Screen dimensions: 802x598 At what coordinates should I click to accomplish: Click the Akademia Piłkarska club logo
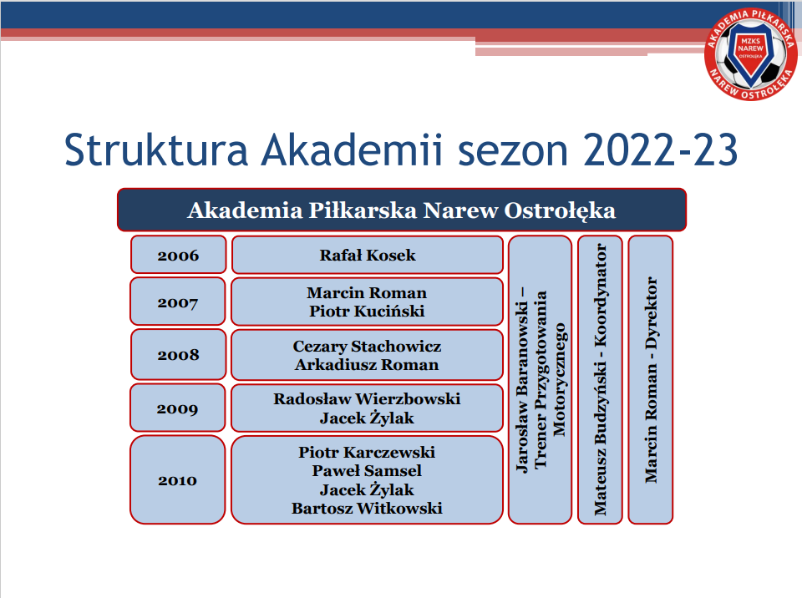pyautogui.click(x=750, y=54)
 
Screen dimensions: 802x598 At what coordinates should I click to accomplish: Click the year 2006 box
pyautogui.click(x=178, y=255)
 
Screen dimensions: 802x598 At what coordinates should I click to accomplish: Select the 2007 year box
pyautogui.click(x=177, y=302)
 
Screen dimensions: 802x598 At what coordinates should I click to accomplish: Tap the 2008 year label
pyautogui.click(x=178, y=354)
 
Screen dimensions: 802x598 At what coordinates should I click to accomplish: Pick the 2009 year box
pyautogui.click(x=177, y=408)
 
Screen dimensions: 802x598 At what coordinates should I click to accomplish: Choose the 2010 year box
pyautogui.click(x=177, y=480)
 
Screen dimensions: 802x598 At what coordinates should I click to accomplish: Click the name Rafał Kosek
pyautogui.click(x=368, y=255)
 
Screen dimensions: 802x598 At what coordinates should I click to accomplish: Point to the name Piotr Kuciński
pyautogui.click(x=367, y=311)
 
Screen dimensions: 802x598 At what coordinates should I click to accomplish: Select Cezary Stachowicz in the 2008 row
pyautogui.click(x=367, y=347)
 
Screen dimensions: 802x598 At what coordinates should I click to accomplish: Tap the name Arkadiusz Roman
pyautogui.click(x=367, y=365)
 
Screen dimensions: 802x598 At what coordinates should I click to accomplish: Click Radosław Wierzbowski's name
pyautogui.click(x=367, y=399)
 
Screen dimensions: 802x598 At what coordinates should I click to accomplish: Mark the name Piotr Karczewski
pyautogui.click(x=367, y=452)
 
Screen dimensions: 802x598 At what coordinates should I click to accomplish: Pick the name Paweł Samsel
pyautogui.click(x=367, y=470)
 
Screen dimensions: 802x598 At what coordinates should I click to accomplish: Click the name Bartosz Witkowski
pyautogui.click(x=367, y=509)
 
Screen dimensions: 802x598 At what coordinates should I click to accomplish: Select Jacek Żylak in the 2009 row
pyautogui.click(x=367, y=418)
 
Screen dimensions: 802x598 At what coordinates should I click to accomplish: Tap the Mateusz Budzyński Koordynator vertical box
pyautogui.click(x=600, y=379)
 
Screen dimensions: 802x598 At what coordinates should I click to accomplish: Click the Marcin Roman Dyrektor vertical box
pyautogui.click(x=650, y=379)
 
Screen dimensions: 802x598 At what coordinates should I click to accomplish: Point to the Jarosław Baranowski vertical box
pyautogui.click(x=541, y=379)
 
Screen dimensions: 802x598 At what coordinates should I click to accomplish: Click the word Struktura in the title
pyautogui.click(x=156, y=149)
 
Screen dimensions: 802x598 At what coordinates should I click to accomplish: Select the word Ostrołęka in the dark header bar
pyautogui.click(x=560, y=210)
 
